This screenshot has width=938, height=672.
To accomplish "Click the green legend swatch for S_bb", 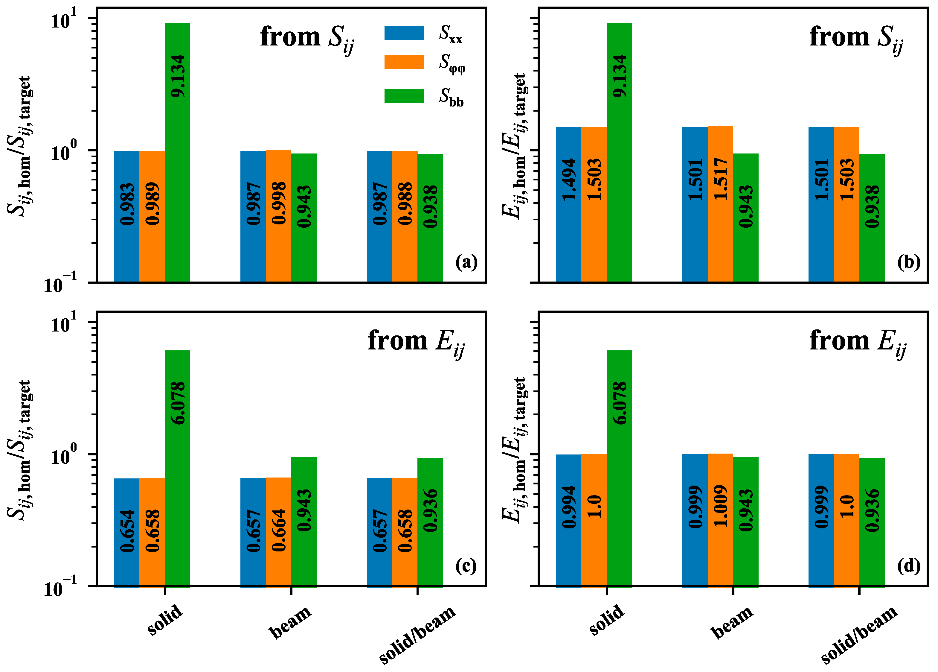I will click(404, 96).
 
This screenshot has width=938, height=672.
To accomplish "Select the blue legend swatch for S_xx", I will click(404, 33).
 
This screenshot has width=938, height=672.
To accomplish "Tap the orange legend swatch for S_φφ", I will click(404, 62).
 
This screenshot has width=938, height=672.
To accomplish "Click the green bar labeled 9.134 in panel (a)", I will click(177, 153).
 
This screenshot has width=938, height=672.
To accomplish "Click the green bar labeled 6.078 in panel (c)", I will click(177, 468).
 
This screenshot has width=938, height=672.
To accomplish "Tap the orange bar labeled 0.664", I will click(278, 531).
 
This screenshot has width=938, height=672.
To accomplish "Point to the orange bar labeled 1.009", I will click(720, 520).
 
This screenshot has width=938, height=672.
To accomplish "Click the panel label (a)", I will click(466, 262).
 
